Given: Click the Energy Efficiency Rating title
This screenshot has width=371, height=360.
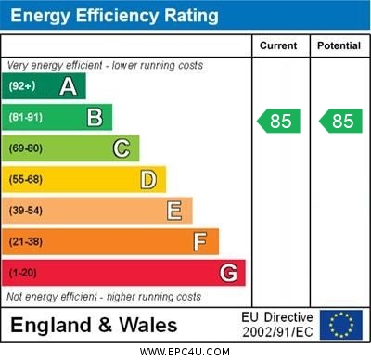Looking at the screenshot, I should [114, 16].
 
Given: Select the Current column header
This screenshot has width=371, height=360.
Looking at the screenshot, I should [278, 45].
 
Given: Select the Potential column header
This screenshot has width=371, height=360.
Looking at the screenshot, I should [339, 45].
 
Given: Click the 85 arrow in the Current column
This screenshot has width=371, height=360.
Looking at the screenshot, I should [278, 121].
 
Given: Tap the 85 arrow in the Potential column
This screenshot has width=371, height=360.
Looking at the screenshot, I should [339, 121].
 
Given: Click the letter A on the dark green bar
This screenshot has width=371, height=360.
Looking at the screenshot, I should [68, 86].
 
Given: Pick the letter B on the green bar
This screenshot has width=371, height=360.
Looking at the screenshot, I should [95, 117].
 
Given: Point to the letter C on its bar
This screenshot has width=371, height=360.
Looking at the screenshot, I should [122, 148].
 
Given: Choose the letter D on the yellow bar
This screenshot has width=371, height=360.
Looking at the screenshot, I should [148, 179].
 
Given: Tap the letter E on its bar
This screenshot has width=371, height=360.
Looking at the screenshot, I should [174, 211].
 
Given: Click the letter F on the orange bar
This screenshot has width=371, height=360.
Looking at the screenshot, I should [200, 242].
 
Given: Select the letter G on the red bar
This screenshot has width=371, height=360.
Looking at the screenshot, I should [228, 273].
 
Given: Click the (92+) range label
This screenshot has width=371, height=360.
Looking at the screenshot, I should [22, 86].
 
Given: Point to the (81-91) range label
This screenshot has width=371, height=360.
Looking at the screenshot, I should [26, 117].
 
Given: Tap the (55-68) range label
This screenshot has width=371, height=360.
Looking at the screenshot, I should [26, 179].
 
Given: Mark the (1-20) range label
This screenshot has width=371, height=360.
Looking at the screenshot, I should [23, 274].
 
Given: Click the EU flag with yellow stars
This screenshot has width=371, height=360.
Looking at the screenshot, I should [341, 325].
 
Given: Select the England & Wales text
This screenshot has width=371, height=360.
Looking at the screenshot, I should [94, 326].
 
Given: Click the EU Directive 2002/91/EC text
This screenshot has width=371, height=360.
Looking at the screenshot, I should [277, 325].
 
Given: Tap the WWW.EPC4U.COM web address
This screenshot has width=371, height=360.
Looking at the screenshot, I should [185, 352].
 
